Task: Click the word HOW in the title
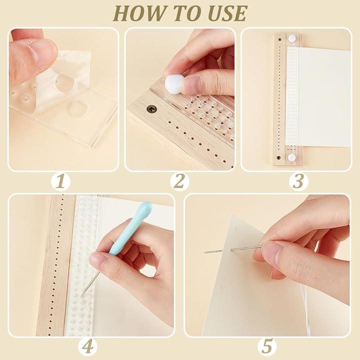[x=138, y=13]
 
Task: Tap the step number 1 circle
[x=60, y=181]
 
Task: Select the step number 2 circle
[x=179, y=181]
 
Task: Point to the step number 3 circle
[x=298, y=181]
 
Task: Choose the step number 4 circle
[x=87, y=346]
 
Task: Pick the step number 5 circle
[x=267, y=346]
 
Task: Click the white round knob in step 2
[x=174, y=84]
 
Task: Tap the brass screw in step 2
[x=151, y=108]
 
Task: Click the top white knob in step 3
[x=292, y=38]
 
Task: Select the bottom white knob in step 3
[x=292, y=157]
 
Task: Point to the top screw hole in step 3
[x=279, y=39]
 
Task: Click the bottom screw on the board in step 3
[x=278, y=157]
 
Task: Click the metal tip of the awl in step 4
[x=81, y=296]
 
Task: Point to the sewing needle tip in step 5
[x=204, y=253]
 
